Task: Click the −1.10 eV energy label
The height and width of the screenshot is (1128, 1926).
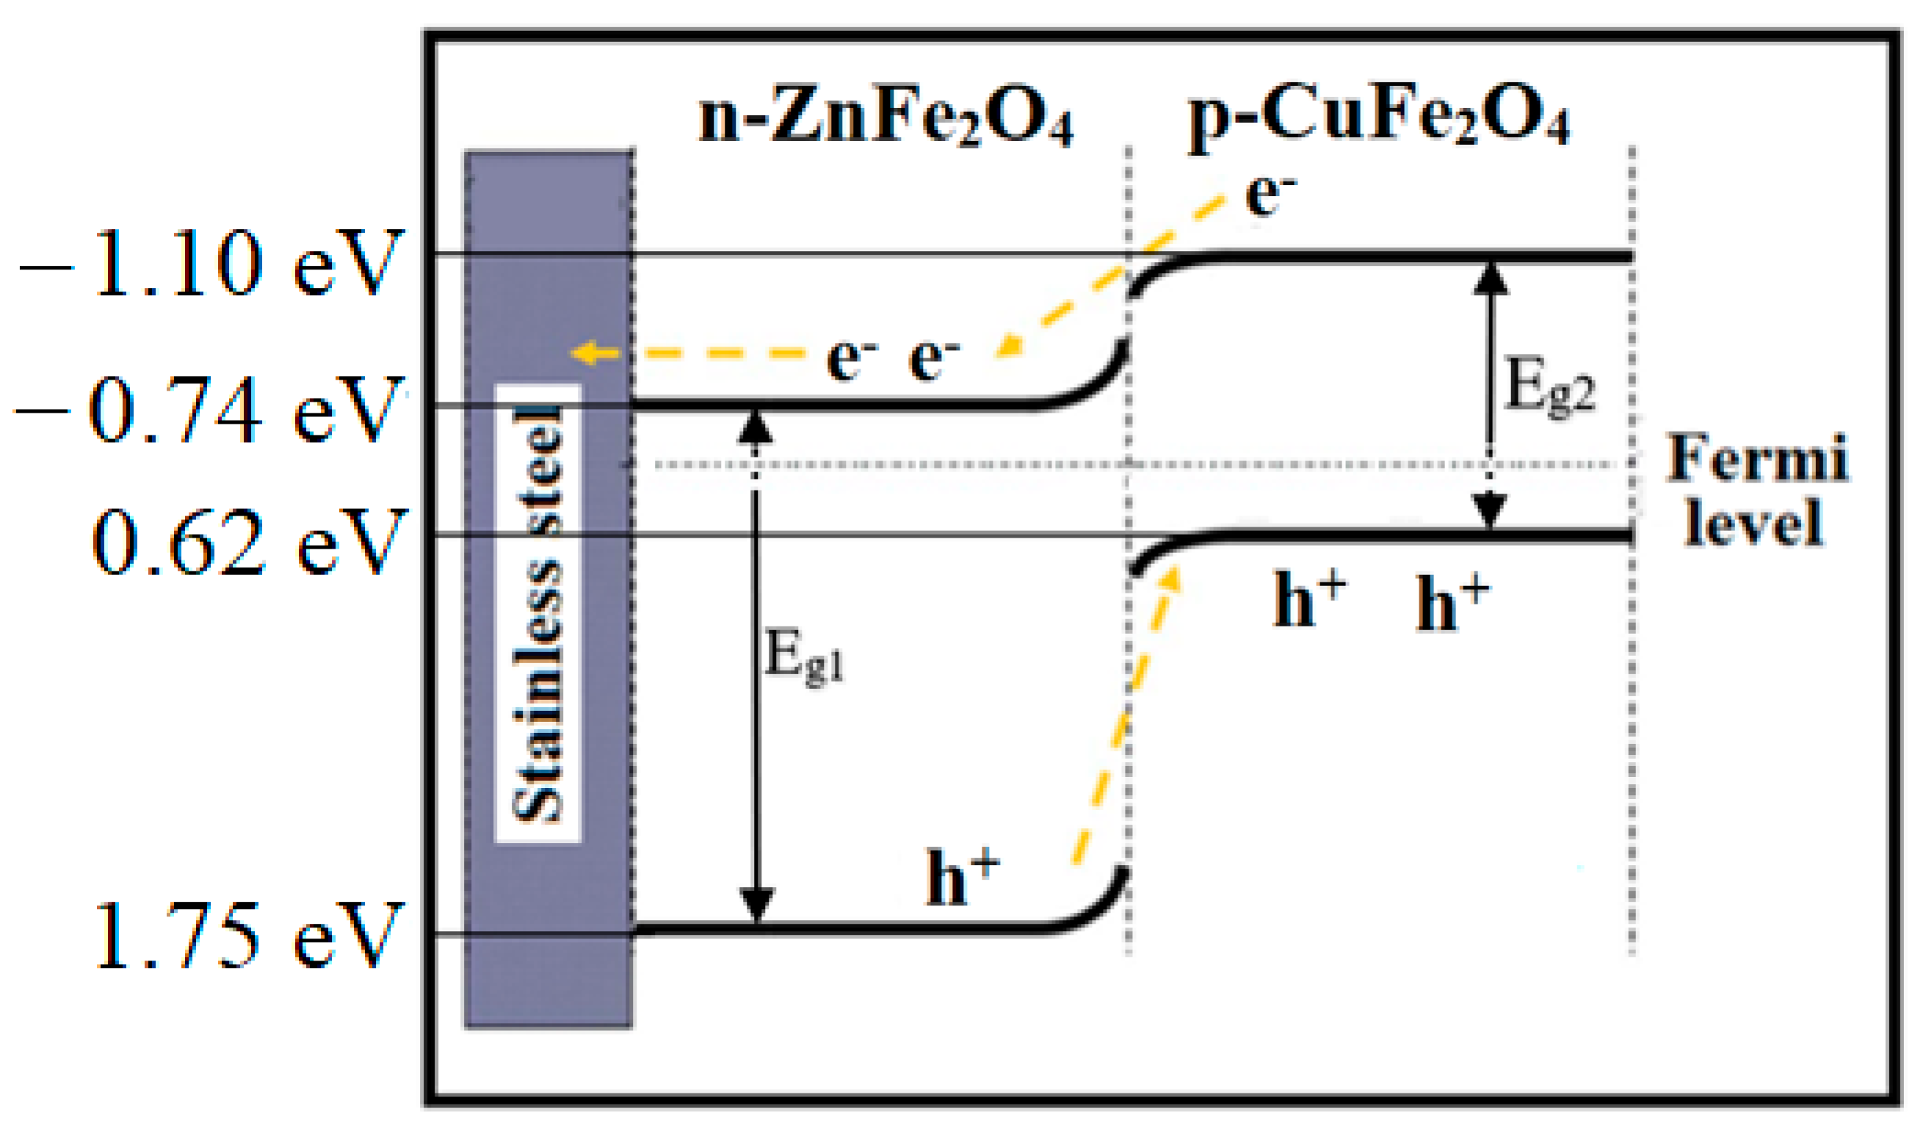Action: (x=210, y=264)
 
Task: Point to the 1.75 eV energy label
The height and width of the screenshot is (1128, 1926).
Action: (x=248, y=936)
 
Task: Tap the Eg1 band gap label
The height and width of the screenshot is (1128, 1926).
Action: (x=803, y=657)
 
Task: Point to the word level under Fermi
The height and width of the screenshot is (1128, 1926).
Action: (x=1755, y=523)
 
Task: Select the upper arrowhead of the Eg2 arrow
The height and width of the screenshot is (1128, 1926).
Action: (x=1490, y=279)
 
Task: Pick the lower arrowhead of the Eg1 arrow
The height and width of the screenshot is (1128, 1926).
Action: (x=756, y=905)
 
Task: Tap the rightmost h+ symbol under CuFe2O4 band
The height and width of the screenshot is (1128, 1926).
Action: (x=1452, y=604)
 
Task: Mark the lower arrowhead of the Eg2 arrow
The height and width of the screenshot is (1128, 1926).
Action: (x=1490, y=510)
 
